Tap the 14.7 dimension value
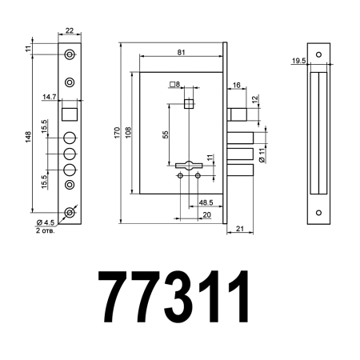coord(49,97)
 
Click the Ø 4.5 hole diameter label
coord(45,222)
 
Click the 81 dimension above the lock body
coord(182,53)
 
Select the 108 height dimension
coord(128,130)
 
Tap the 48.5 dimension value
coord(205,203)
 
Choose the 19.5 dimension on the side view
coord(298,60)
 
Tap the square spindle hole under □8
coord(189,103)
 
